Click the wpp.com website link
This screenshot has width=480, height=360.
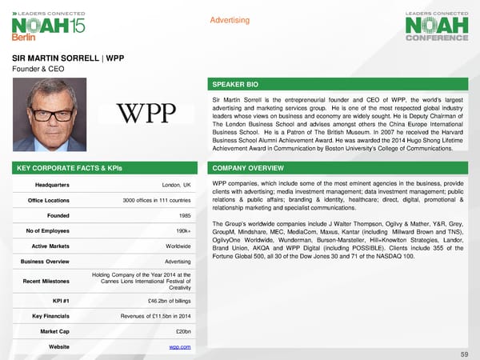(179, 346)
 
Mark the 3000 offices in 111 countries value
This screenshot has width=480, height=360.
(157, 199)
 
